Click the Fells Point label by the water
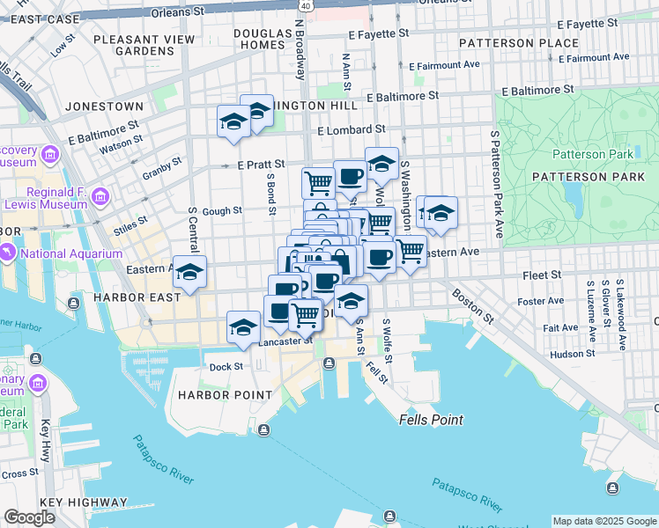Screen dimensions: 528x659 tap(431, 420)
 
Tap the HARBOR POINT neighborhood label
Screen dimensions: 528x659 tap(226, 395)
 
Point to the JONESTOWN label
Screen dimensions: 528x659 tap(104, 106)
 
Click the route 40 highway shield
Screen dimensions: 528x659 tap(305, 5)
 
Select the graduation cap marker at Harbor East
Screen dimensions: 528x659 tap(189, 272)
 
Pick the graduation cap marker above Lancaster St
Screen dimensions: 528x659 tap(243, 327)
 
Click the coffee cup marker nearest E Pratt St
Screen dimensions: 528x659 tap(350, 176)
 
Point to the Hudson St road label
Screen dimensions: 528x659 tap(573, 355)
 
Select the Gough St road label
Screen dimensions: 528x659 tap(222, 211)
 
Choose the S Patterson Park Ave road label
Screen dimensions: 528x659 tap(496, 185)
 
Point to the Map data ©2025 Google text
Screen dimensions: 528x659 tap(603, 521)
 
